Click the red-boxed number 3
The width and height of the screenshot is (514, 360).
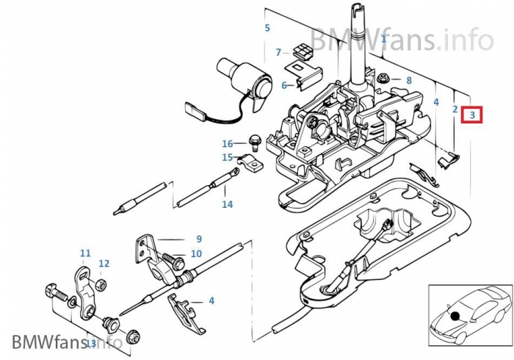click(473, 115)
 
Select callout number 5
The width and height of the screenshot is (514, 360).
click(267, 29)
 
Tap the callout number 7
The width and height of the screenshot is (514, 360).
click(278, 52)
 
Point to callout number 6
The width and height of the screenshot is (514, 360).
click(283, 86)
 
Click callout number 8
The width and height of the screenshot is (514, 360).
click(409, 79)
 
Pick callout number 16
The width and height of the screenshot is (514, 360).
click(228, 143)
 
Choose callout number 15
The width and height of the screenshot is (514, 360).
click(228, 156)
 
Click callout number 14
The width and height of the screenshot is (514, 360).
click(227, 204)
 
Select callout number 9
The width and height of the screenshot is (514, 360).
click(198, 239)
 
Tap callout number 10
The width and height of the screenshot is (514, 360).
click(196, 253)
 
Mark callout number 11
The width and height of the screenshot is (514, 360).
click(85, 253)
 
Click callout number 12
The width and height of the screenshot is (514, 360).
click(104, 263)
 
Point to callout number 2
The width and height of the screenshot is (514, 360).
click(455, 109)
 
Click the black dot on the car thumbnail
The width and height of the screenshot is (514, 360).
click(456, 316)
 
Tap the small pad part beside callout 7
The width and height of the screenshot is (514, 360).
click(301, 50)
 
